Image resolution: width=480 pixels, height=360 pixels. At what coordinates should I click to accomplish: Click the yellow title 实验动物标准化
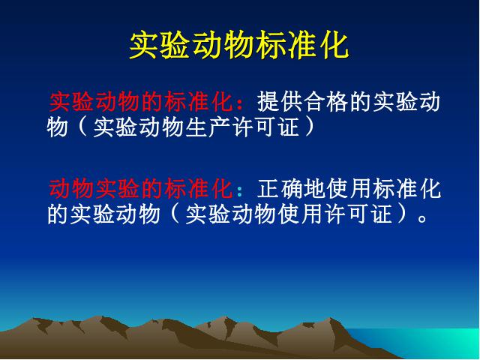click(x=239, y=45)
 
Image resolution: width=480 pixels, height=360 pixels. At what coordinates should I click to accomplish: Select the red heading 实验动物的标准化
click(x=140, y=101)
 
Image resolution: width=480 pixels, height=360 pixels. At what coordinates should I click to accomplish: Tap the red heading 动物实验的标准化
click(x=140, y=188)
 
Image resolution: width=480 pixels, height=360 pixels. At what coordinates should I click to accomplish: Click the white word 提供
click(x=280, y=101)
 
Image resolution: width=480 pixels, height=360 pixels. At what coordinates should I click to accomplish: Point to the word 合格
click(x=326, y=101)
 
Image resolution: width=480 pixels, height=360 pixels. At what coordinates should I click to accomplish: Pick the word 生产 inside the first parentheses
click(x=208, y=127)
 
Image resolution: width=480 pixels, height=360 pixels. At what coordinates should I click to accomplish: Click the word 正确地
click(x=292, y=188)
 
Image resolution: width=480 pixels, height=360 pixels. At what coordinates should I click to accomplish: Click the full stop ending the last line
click(x=422, y=217)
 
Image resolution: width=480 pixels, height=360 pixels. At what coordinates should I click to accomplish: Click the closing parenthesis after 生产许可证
click(x=310, y=127)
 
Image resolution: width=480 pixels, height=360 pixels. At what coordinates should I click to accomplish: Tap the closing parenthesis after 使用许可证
click(x=403, y=214)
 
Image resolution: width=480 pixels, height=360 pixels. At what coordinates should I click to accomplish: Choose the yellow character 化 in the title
click(x=335, y=45)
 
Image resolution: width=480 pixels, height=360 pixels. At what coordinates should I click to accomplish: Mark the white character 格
click(x=337, y=101)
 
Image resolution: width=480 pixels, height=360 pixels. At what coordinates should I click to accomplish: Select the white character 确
click(x=292, y=188)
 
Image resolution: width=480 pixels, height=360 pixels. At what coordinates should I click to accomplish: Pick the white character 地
click(x=315, y=188)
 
